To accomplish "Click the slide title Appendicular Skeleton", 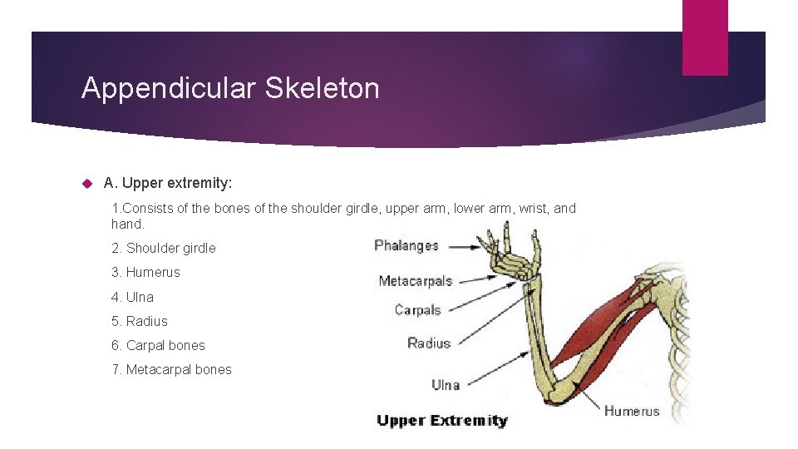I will coord(230,88).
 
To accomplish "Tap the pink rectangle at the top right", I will coord(704,37).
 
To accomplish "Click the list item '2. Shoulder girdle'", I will coord(163,248).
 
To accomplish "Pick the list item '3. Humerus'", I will coord(145,272).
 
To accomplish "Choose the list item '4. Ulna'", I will coord(132,297).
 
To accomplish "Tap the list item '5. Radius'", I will coord(139,321).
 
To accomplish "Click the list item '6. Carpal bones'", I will coord(158,345).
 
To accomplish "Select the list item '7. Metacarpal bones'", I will coord(171,369).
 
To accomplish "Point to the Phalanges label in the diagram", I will coord(406,245).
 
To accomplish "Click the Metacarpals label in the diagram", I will coord(415,281).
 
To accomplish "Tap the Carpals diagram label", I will coord(417,310).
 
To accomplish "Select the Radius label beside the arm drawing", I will coord(429,343).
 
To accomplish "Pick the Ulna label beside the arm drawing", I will coord(446,384).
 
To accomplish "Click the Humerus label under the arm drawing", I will coord(632,411).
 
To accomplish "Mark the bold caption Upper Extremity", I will coord(441,420).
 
